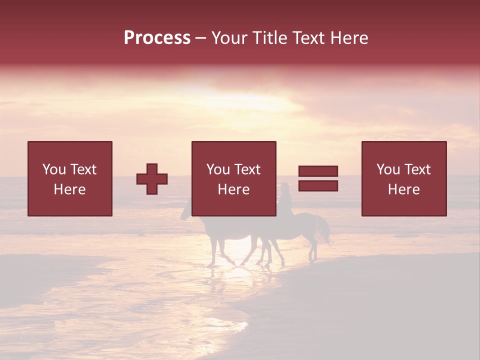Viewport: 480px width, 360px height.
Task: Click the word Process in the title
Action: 157,38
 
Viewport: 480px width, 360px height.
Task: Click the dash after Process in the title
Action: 200,38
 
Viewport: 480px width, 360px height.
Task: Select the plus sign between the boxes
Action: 152,179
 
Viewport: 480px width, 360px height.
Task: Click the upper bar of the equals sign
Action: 318,171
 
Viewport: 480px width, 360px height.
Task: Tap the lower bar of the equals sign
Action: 318,186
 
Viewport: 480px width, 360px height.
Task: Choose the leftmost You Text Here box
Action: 69,178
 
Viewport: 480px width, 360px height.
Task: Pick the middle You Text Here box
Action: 233,178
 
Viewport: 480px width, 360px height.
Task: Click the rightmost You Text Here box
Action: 403,178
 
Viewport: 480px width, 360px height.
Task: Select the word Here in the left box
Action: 69,189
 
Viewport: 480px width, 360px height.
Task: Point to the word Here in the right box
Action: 403,189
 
